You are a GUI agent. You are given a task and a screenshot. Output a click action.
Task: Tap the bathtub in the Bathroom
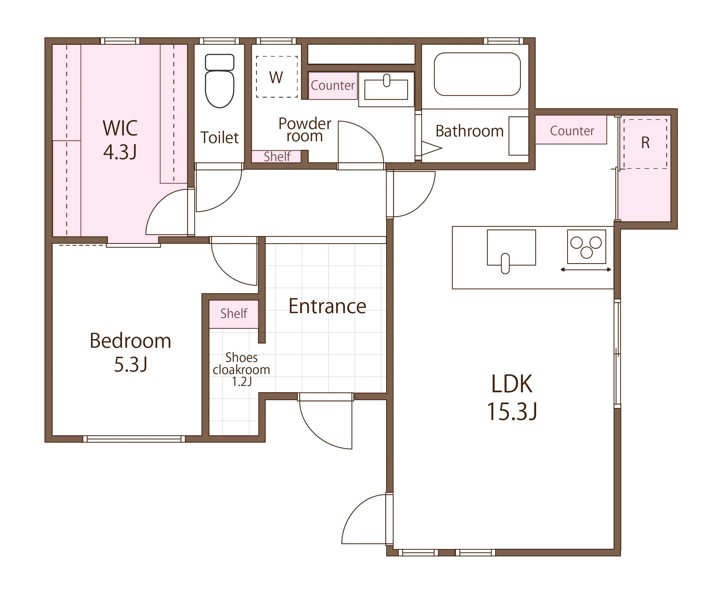477,74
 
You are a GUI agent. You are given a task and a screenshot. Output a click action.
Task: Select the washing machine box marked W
277,77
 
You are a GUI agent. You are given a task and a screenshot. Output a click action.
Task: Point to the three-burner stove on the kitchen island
587,247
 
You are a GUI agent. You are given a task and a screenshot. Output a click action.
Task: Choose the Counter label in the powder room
333,85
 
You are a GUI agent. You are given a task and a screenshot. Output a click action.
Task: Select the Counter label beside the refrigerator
572,131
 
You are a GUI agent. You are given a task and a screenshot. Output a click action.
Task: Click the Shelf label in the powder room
277,157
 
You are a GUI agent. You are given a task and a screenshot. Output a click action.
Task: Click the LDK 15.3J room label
512,397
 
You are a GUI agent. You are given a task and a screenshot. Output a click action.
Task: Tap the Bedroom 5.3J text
131,353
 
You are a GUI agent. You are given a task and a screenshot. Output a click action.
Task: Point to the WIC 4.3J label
120,140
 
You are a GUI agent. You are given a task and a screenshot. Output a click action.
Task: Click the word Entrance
327,306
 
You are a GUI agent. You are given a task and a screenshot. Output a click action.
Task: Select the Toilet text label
220,138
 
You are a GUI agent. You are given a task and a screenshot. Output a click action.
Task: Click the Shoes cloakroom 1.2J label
241,370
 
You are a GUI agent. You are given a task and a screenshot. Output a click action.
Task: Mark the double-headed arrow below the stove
586,270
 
